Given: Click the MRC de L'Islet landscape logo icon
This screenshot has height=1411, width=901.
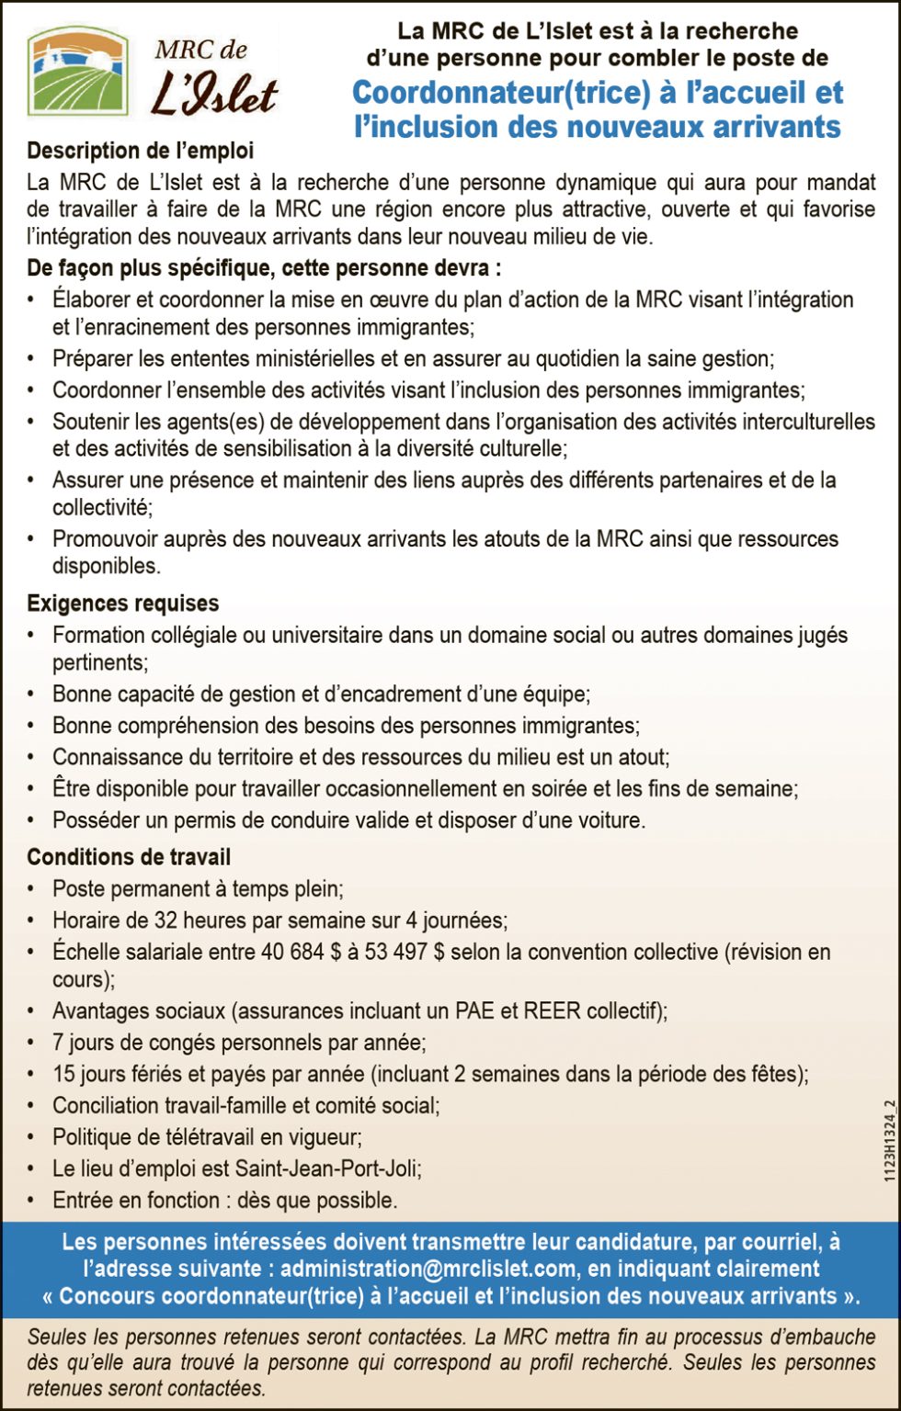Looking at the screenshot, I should click(x=77, y=71).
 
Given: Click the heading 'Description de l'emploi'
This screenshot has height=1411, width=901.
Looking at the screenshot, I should click(x=140, y=150).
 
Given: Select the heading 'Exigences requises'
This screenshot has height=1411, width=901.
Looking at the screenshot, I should click(x=122, y=604).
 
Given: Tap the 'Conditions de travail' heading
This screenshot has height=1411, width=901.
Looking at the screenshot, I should click(x=129, y=857).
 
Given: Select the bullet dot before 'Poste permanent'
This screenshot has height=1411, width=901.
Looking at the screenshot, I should click(x=32, y=889).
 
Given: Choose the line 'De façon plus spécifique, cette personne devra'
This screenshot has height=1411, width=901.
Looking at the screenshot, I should click(x=264, y=269).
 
